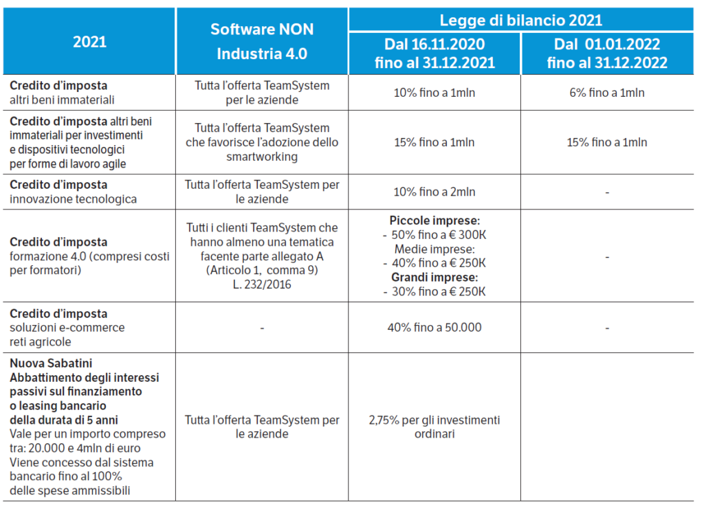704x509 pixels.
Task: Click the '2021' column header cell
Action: tap(89, 41)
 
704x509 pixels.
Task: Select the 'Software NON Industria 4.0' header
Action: tap(262, 41)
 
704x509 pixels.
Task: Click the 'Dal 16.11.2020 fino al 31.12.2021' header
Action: tap(434, 54)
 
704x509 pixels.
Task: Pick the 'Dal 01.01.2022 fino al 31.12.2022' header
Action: tap(607, 54)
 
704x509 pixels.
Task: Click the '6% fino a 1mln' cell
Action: tap(607, 93)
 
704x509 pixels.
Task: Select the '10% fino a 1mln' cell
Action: tap(434, 93)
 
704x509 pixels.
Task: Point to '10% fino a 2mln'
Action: tap(434, 192)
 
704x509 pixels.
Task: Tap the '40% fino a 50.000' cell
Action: tap(434, 327)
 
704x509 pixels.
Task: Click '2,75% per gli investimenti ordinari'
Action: tap(434, 427)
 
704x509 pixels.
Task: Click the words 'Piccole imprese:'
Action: tap(434, 220)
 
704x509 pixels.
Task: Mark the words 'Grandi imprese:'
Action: tap(434, 278)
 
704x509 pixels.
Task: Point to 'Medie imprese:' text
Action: tap(434, 249)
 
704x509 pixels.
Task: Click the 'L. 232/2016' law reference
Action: tap(262, 284)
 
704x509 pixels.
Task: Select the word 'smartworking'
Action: tap(262, 157)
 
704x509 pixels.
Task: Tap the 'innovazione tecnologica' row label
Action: tap(73, 199)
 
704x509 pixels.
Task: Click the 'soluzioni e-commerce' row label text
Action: tap(67, 327)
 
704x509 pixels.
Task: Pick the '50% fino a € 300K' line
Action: tap(434, 235)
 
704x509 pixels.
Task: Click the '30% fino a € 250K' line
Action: tap(434, 292)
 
